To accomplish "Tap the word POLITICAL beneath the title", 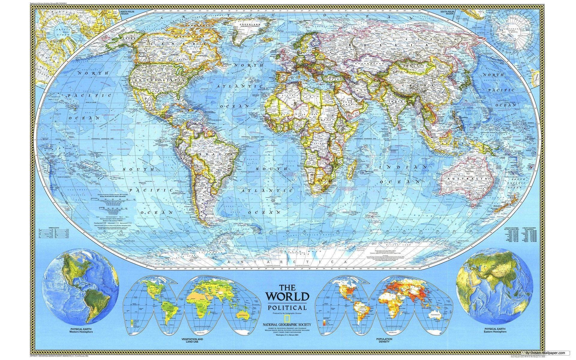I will (x=287, y=308).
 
